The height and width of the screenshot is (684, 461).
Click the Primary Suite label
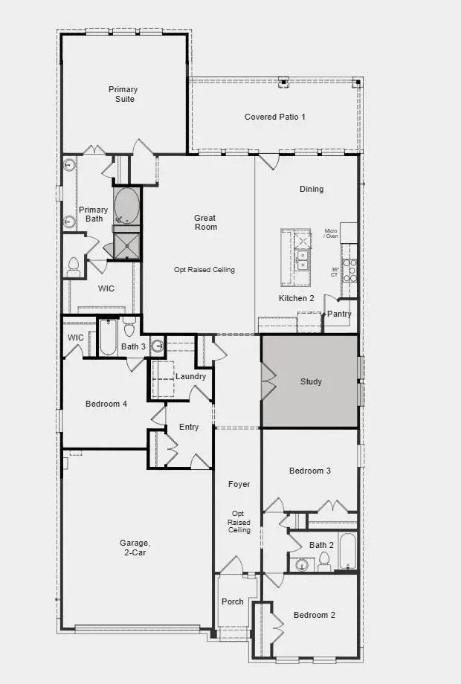(123, 94)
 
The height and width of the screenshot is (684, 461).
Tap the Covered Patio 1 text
(275, 117)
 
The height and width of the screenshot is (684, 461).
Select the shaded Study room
(310, 381)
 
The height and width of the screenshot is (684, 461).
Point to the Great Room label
(205, 222)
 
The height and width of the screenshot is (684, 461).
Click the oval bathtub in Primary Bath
(126, 204)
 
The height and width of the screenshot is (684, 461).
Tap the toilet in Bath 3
(129, 327)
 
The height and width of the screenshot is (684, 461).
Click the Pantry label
(339, 314)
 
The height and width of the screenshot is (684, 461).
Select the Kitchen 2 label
(296, 298)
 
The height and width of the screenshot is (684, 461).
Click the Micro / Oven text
(331, 233)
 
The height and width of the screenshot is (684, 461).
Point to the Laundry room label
(190, 377)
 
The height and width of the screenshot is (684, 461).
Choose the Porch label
(233, 601)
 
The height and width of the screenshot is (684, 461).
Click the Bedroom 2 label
(314, 615)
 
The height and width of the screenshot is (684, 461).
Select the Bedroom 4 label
(106, 404)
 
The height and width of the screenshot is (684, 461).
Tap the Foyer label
(239, 484)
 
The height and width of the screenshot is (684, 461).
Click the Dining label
(312, 189)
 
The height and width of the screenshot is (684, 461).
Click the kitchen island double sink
(303, 258)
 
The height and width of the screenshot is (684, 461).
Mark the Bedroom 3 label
(310, 471)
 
